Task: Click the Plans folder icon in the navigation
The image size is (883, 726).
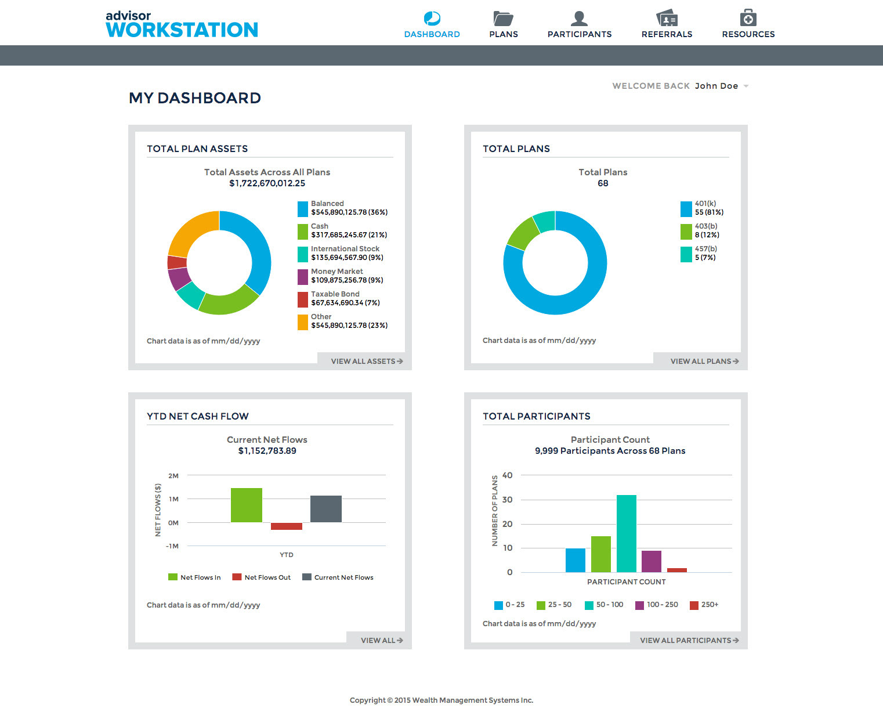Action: tap(503, 19)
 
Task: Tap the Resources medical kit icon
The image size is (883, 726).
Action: tap(748, 18)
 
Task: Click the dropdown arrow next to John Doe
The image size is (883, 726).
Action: tap(746, 86)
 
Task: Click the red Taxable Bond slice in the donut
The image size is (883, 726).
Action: tap(177, 262)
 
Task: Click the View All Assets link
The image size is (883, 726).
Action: tap(366, 361)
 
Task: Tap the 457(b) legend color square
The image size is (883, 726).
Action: tap(686, 254)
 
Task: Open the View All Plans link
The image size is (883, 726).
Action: tap(704, 361)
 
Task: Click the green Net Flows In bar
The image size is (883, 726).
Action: tap(247, 505)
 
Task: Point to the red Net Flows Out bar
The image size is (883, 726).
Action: tap(287, 526)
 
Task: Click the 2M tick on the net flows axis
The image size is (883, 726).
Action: tap(173, 476)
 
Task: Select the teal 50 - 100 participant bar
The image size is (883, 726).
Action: tap(627, 533)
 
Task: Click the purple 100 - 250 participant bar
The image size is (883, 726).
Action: tap(652, 561)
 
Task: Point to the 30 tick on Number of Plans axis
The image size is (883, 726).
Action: tap(508, 500)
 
